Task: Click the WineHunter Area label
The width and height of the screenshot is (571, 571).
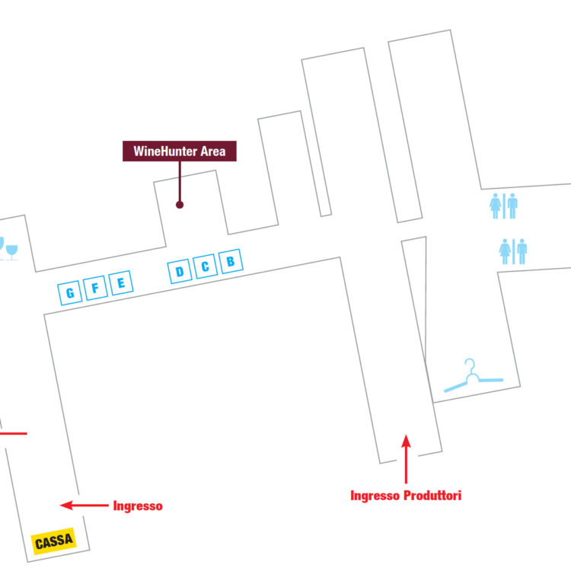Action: pos(179,151)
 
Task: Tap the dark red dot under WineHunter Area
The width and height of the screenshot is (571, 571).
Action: pos(180,205)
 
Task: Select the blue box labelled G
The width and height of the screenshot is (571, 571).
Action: pos(70,293)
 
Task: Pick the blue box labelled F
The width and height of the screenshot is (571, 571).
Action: pos(95,288)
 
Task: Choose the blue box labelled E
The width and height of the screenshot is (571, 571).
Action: pos(121,282)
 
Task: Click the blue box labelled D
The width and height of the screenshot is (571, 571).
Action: pos(180,271)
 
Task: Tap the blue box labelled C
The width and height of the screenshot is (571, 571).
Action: pos(205,266)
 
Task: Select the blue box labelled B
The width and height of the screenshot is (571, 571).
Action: pos(231,261)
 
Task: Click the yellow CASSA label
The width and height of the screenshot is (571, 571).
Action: pos(54,541)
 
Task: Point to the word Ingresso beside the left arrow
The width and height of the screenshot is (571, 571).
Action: pos(138,506)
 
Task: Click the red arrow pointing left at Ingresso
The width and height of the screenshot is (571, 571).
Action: pos(84,505)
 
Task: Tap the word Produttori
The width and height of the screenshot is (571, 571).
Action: pos(432,496)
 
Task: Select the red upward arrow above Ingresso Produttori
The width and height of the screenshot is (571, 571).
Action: pos(406,459)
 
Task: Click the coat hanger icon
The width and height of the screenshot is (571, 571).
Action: pos(474,375)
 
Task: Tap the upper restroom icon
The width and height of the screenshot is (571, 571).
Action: pos(503,206)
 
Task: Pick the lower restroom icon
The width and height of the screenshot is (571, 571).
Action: pos(512,251)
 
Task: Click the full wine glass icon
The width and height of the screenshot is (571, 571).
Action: pos(11,252)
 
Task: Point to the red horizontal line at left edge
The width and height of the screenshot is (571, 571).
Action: pos(14,433)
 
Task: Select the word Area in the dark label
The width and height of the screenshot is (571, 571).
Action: pos(213,152)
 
